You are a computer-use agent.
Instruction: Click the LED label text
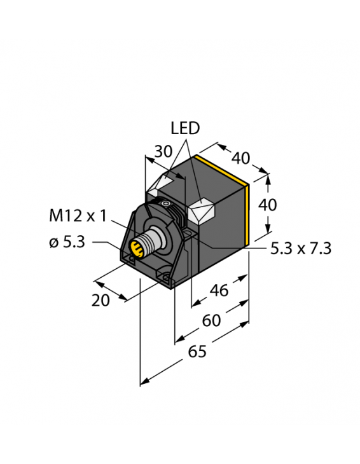[185, 128]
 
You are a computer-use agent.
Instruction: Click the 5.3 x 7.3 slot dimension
[301, 249]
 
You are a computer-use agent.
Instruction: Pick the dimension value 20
[101, 300]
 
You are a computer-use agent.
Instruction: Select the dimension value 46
[219, 291]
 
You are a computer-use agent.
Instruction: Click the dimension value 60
[211, 320]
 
